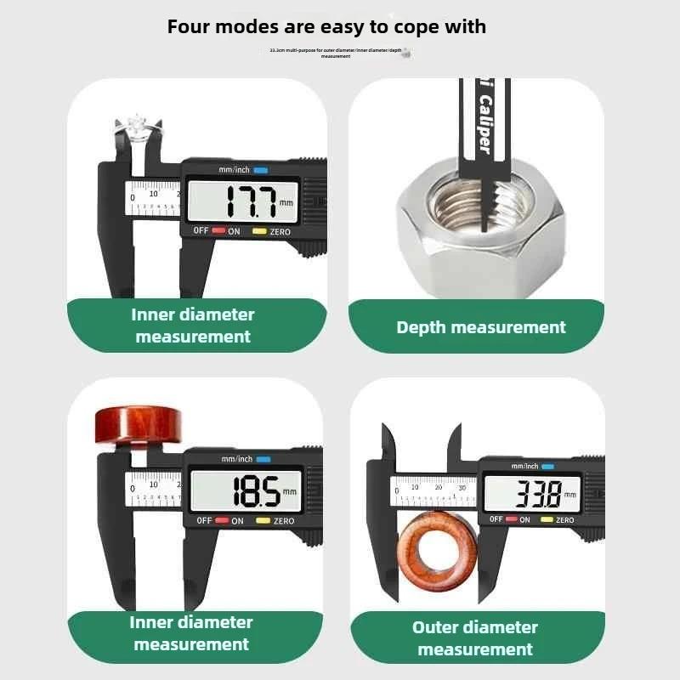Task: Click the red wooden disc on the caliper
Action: coord(138,424)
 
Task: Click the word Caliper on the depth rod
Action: coord(484,124)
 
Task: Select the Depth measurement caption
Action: coord(480,327)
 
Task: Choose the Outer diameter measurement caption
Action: coord(475,638)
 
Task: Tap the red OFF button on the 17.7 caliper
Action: coord(218,231)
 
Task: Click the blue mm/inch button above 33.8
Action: coord(546,466)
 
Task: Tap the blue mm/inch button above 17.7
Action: coord(260,170)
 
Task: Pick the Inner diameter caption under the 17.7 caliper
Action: coord(193,326)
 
